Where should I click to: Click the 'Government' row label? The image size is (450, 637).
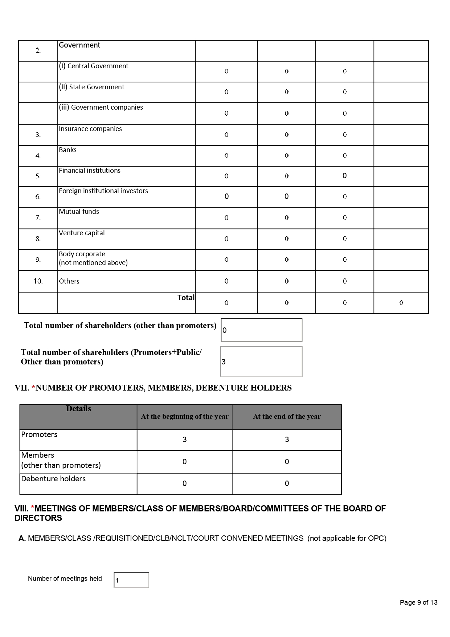tap(79, 45)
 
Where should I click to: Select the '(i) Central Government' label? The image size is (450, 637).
tap(94, 66)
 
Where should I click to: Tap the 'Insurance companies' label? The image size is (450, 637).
tap(90, 129)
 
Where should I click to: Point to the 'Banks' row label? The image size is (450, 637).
tap(68, 150)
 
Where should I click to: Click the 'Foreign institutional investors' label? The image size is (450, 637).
tap(103, 191)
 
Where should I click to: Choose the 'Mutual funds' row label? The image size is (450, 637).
tap(79, 212)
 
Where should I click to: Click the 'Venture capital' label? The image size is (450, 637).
tap(82, 233)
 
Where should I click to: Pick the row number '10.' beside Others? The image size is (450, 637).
tap(38, 281)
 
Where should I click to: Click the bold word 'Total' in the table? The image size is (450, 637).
tap(186, 298)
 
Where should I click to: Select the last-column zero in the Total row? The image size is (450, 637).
tap(401, 303)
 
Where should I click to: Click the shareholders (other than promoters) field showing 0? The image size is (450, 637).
tap(261, 330)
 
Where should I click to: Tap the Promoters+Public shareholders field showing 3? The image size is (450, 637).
tap(261, 362)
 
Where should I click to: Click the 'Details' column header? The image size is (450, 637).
tap(78, 409)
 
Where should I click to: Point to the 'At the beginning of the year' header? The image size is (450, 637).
tap(185, 417)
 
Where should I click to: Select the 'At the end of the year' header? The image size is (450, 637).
tap(287, 417)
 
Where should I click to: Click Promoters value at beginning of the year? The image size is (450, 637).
tap(184, 440)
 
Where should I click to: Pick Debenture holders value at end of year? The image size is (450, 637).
tap(287, 483)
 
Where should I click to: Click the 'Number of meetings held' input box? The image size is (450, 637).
tap(131, 580)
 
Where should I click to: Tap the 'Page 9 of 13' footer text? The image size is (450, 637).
tap(418, 603)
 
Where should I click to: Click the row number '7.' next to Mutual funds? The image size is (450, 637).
tap(38, 218)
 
